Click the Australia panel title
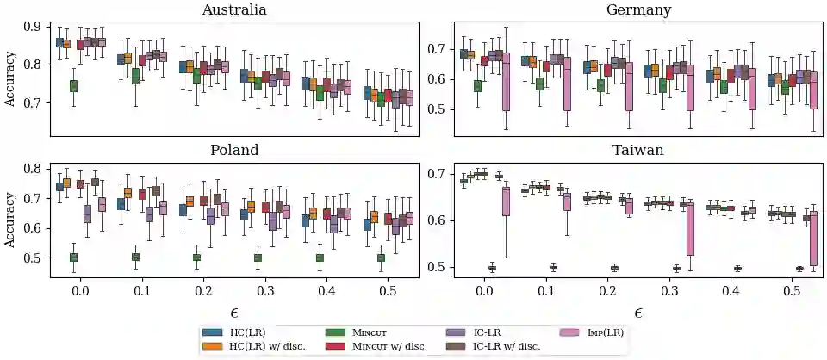pos(233,10)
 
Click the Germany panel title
pos(638,10)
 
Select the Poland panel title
pos(233,150)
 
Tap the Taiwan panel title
pos(638,150)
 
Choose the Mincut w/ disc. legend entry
pos(390,346)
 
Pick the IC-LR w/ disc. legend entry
pos(507,346)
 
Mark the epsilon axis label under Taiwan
pos(638,312)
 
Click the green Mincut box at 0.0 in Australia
pos(73,85)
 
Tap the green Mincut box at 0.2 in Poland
pos(196,257)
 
